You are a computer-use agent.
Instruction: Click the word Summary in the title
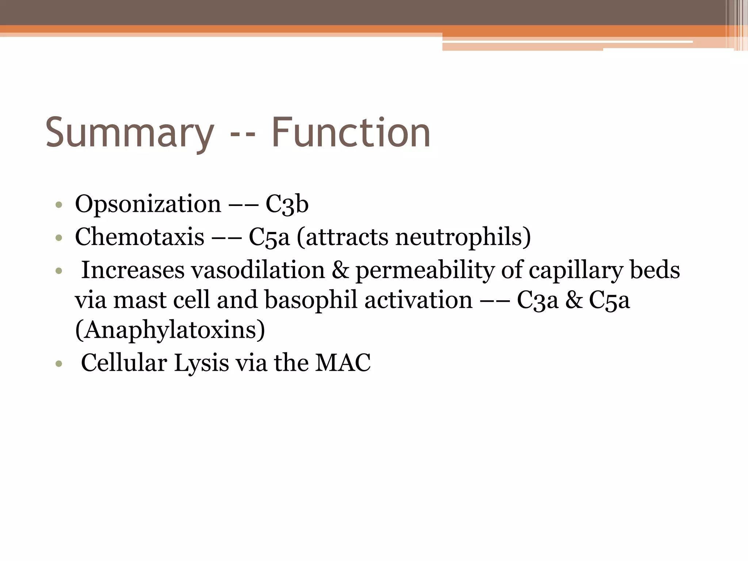click(130, 133)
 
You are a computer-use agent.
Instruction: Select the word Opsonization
click(148, 205)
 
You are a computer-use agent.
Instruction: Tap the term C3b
click(287, 205)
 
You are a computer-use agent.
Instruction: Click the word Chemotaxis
click(140, 237)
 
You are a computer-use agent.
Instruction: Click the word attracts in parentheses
click(345, 237)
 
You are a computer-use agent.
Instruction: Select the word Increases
click(133, 271)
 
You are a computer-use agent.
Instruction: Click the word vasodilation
click(258, 271)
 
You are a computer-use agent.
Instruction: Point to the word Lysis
click(201, 364)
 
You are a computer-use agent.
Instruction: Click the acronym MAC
click(343, 363)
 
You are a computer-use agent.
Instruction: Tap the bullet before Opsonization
click(59, 205)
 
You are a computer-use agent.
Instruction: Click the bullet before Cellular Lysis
click(59, 364)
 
